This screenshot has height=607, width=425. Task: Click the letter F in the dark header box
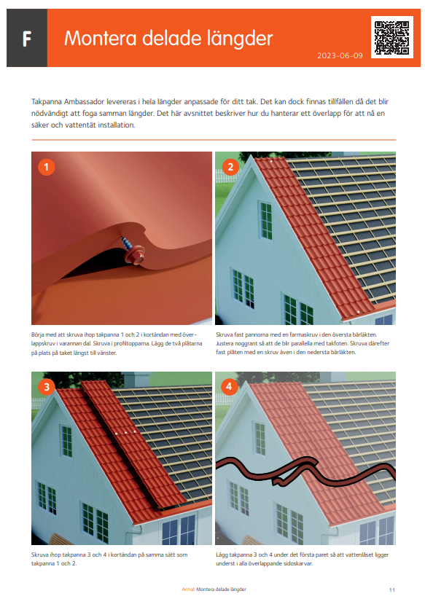pos(27,39)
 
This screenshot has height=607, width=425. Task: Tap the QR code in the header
pos(391,37)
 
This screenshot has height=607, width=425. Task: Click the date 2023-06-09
pos(340,55)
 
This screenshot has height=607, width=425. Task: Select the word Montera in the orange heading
pos(101,39)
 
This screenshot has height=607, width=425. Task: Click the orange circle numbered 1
pos(47,168)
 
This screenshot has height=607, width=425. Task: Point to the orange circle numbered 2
pos(230,168)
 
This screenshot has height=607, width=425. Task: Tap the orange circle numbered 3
pos(47,387)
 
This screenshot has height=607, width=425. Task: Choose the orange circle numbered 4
pos(229,387)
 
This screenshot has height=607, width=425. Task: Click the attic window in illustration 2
pos(266,221)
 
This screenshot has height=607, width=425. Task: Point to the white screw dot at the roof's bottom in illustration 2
pos(359,312)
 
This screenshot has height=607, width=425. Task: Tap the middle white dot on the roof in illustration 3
pos(125,432)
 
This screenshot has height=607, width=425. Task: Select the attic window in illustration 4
pos(260,439)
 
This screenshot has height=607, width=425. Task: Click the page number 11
pos(391,590)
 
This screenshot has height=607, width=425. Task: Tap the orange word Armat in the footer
pos(188,590)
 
